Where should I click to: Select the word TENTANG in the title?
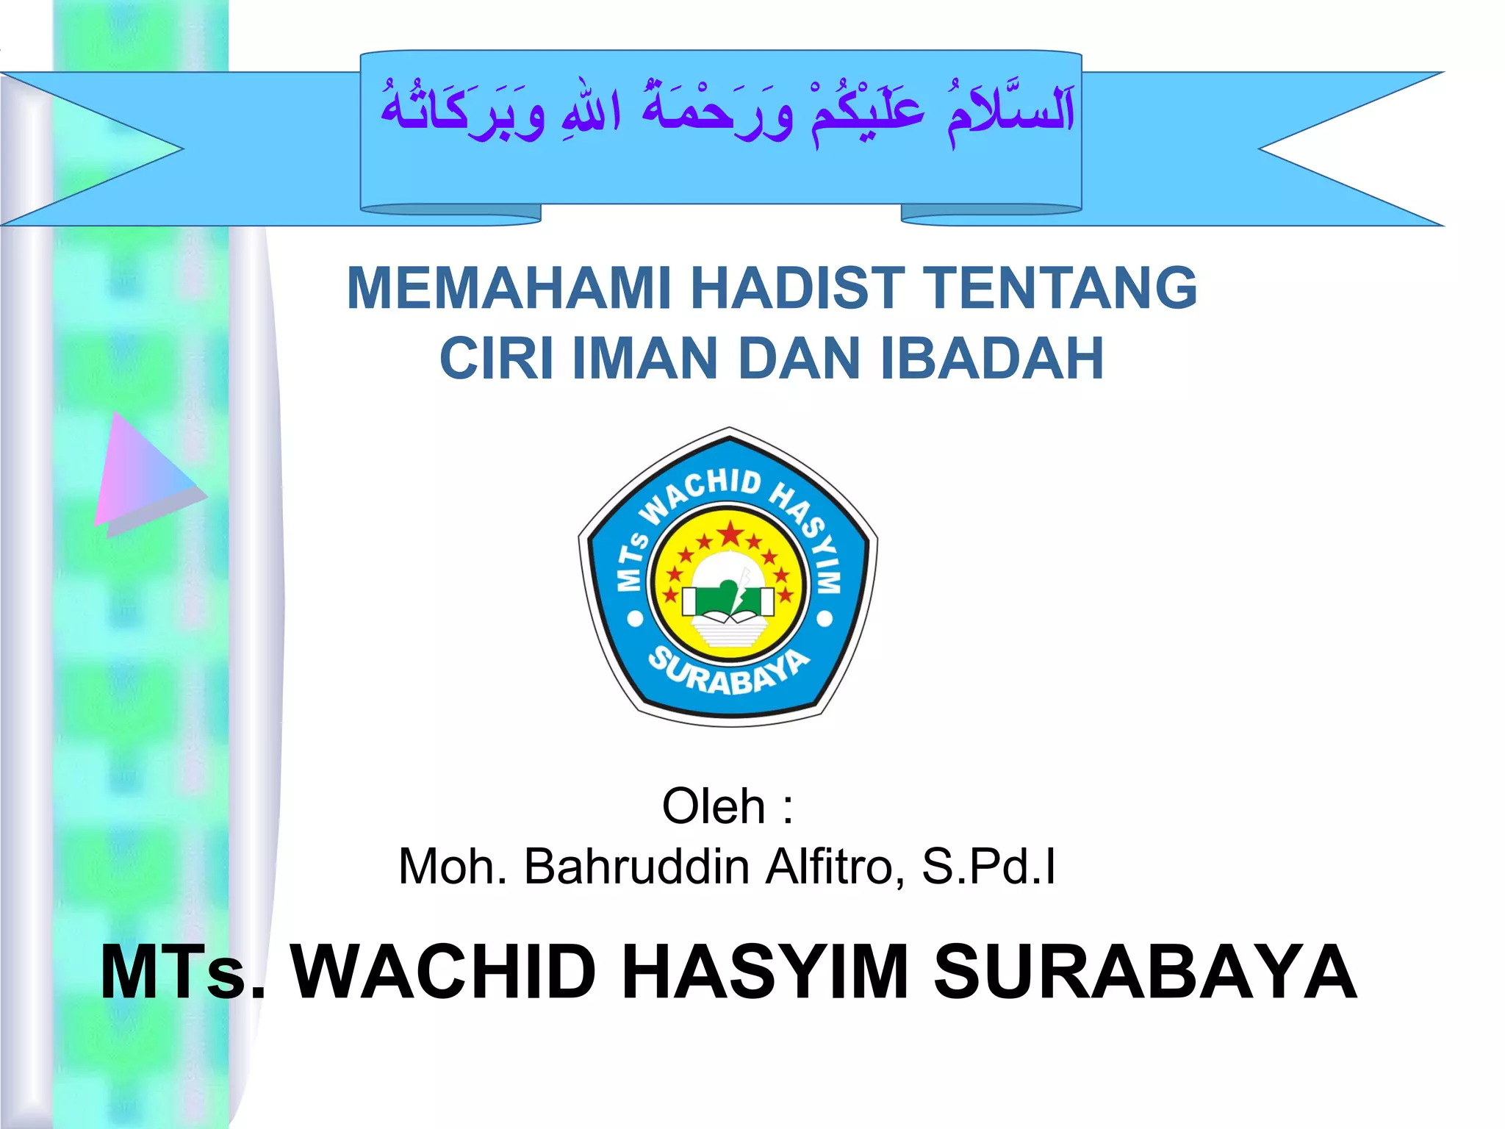coord(1059,288)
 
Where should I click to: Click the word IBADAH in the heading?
coord(992,359)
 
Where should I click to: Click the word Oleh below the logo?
coord(714,806)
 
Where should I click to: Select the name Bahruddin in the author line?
coord(636,867)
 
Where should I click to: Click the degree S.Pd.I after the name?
coord(989,867)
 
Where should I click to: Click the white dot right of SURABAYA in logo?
coord(825,620)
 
